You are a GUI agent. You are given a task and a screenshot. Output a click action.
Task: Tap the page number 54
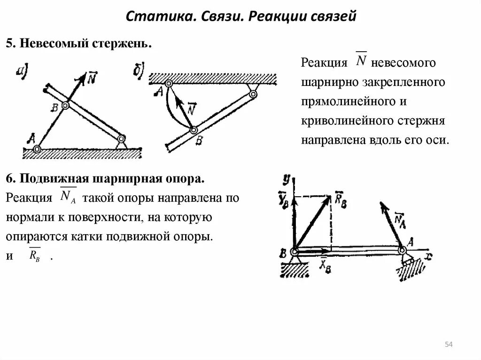[448, 345]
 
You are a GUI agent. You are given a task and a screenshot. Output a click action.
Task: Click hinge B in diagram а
[65, 106]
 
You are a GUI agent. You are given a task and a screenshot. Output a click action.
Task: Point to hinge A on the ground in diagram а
[37, 149]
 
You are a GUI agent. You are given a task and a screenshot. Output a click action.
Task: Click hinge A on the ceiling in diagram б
[169, 84]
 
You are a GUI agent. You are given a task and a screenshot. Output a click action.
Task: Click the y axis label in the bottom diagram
[286, 178]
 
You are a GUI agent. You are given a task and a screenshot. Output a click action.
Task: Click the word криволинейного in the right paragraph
[334, 121]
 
